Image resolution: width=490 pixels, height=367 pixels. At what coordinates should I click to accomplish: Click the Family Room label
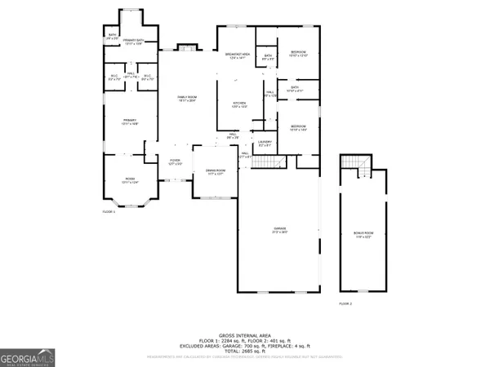click(188, 99)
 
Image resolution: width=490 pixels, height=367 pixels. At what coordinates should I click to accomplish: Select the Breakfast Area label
click(236, 55)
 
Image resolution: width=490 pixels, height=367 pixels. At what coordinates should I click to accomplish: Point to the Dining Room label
click(216, 172)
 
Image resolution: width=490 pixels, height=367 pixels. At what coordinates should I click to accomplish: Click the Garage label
click(279, 231)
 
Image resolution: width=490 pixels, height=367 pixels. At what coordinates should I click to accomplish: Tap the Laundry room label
click(265, 144)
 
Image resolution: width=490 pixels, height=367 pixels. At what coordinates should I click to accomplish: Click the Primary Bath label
click(133, 41)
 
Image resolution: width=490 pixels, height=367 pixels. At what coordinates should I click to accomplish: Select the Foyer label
click(175, 161)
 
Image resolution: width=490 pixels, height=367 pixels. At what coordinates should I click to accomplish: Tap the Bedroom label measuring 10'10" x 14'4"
click(298, 127)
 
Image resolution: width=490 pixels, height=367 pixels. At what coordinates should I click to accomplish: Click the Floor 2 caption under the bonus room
click(345, 303)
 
